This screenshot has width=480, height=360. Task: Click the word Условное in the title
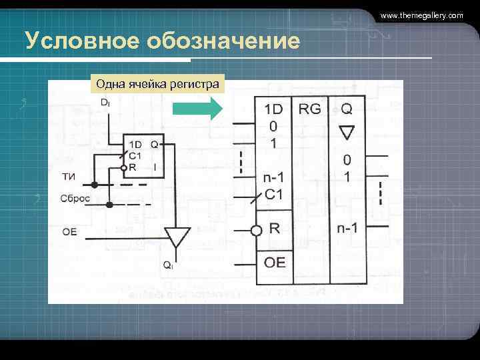tap(72, 42)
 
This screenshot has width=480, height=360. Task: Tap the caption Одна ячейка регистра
tap(157, 85)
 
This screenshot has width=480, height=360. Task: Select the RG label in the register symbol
tap(309, 109)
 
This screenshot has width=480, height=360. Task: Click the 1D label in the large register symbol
tap(274, 109)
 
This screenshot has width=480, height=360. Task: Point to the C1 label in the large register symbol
tap(274, 195)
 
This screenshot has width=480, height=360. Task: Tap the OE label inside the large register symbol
tap(275, 262)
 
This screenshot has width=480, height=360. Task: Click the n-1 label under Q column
tap(347, 228)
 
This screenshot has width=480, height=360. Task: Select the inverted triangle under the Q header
tap(347, 132)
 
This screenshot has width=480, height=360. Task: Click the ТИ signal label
tap(68, 176)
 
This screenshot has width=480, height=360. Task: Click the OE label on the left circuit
tap(69, 231)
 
